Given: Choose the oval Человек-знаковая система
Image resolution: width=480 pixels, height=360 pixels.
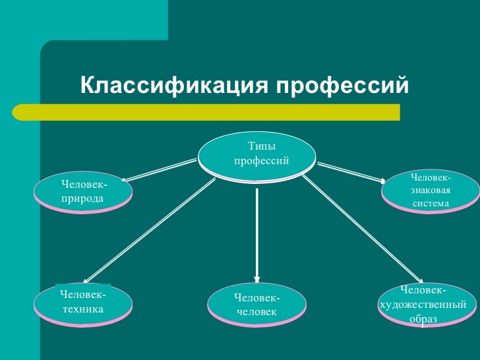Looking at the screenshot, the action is (431, 191).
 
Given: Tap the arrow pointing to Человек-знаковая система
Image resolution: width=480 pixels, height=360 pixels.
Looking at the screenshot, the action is (349, 169).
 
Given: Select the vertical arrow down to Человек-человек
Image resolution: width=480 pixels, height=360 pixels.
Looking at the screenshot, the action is (257, 231).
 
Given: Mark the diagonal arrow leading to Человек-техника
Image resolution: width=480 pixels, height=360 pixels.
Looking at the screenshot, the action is (148, 231).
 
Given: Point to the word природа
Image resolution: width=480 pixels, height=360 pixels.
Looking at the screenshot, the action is (82, 198).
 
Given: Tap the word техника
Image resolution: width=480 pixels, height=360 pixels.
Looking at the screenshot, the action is (82, 308).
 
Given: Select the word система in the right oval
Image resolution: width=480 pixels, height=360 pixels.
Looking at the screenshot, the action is (431, 204).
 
